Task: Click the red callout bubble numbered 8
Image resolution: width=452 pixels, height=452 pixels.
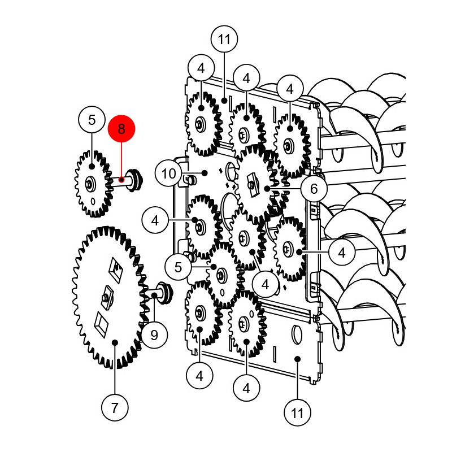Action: click(121, 129)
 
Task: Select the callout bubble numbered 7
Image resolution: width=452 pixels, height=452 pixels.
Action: click(115, 407)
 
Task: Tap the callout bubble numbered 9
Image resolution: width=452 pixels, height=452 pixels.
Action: click(154, 335)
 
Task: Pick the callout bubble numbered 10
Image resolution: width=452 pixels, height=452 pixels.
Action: click(168, 173)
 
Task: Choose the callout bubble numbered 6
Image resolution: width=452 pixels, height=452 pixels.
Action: click(314, 189)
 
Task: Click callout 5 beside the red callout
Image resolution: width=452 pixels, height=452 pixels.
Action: click(92, 120)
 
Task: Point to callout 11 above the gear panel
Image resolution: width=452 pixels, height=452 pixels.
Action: click(224, 39)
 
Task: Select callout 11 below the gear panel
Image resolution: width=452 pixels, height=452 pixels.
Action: click(298, 412)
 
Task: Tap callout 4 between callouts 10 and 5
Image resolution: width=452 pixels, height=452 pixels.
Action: click(155, 220)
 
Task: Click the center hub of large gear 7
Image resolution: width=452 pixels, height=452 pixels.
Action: click(107, 298)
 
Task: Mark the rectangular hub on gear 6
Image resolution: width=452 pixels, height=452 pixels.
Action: click(252, 185)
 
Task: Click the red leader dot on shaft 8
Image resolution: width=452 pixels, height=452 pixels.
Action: click(121, 180)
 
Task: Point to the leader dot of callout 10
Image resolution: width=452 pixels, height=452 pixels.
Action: click(205, 173)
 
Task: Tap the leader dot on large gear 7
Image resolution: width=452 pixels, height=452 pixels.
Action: click(115, 342)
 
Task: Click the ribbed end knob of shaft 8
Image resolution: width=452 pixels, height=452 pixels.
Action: click(135, 180)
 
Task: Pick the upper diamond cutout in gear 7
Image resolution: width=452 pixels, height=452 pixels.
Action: click(116, 270)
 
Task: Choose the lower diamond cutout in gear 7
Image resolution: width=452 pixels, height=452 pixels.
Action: click(101, 325)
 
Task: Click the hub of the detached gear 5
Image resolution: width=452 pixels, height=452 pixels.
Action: click(90, 185)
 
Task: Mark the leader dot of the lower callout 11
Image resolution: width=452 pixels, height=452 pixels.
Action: click(298, 359)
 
